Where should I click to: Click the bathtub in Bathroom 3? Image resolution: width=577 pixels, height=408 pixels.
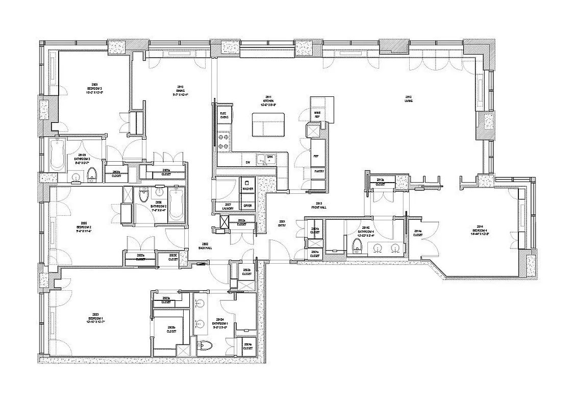[x=57, y=155]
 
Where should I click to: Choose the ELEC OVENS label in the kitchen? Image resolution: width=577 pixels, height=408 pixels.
[x=223, y=115]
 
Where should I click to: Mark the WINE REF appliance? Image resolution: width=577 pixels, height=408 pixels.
[x=317, y=114]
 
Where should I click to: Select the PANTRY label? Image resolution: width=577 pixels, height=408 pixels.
[x=319, y=171]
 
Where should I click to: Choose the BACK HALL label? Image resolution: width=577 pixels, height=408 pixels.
[x=205, y=246]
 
